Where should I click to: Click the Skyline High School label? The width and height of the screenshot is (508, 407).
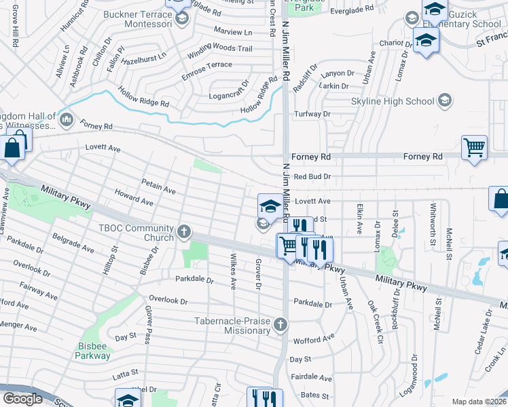tap(392, 102)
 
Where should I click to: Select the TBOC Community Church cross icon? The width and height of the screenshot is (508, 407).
tap(183, 233)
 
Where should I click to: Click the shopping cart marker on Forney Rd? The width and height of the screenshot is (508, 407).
tap(474, 147)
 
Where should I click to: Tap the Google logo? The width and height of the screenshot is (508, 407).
tap(22, 399)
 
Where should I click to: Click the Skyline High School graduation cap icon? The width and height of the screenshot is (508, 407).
tap(444, 101)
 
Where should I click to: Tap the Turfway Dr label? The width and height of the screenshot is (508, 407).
tap(312, 114)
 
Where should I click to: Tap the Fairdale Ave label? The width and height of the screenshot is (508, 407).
tap(311, 378)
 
